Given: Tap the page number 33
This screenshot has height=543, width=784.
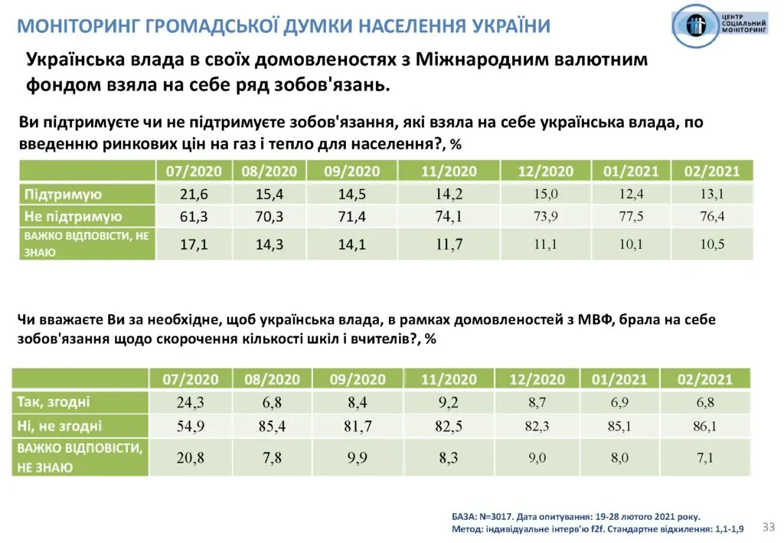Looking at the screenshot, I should point(769,526).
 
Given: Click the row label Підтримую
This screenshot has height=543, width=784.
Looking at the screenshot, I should point(64,195).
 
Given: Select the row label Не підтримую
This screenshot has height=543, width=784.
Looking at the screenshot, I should point(73,217).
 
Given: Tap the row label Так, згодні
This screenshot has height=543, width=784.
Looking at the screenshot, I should point(54,401).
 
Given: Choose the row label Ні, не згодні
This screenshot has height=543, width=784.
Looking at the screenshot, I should point(60,426).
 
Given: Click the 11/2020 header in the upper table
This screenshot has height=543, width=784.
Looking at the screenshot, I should point(449,172).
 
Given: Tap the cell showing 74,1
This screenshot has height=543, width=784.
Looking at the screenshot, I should point(449,217).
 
